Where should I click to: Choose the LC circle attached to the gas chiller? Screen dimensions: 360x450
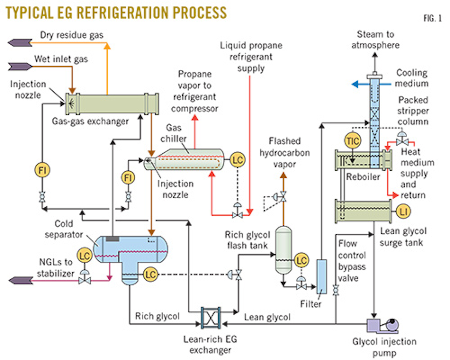[x=236, y=159]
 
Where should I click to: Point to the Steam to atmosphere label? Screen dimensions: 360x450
[x=375, y=39]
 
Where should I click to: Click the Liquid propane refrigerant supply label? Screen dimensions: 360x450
[x=251, y=57]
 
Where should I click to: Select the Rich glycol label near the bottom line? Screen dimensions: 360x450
[x=157, y=316]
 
